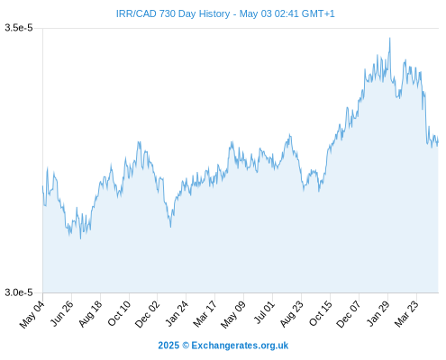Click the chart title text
point(225,13)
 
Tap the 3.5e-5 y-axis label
point(19,28)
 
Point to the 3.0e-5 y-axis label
point(19,292)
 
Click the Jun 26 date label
point(61,313)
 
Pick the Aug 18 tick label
point(90,314)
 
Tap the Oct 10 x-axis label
point(119,313)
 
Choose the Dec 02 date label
point(147,314)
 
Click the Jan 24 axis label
point(177,313)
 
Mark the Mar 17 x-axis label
point(205,314)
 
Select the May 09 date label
point(233,314)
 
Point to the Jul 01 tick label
point(264,312)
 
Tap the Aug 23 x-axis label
point(292,314)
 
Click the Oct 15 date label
point(321,313)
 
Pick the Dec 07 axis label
point(349,314)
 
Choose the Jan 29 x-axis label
point(378,313)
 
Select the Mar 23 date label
point(406,314)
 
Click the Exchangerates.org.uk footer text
point(240,346)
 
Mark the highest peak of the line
point(390,38)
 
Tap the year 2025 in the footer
point(168,346)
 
